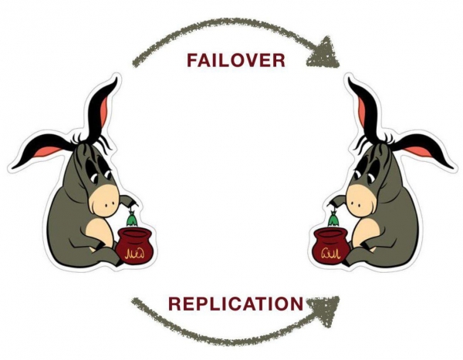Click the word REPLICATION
[x=235, y=303]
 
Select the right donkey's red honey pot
[x=333, y=245]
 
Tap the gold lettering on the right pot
[x=333, y=251]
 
